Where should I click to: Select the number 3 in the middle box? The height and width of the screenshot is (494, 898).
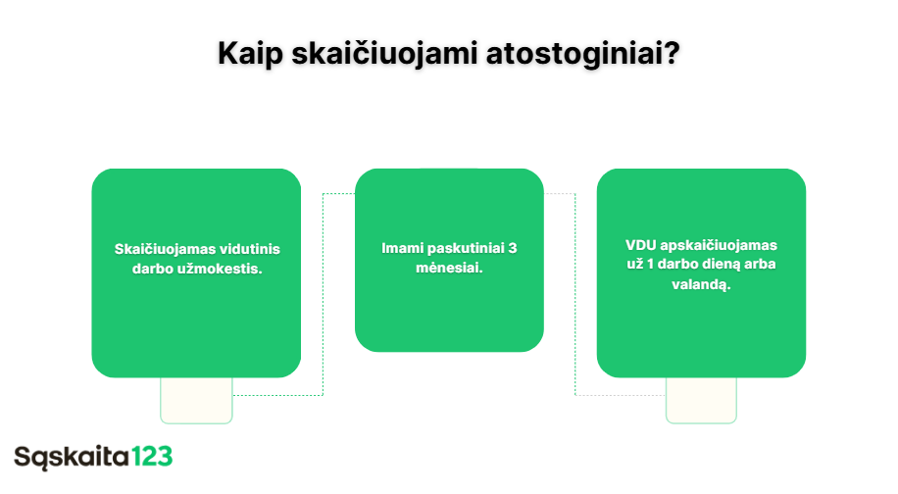(513, 248)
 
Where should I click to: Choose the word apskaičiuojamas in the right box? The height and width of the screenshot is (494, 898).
(720, 245)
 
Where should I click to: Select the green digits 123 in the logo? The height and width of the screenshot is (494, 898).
(151, 456)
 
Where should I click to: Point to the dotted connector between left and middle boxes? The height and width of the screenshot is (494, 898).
(323, 294)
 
